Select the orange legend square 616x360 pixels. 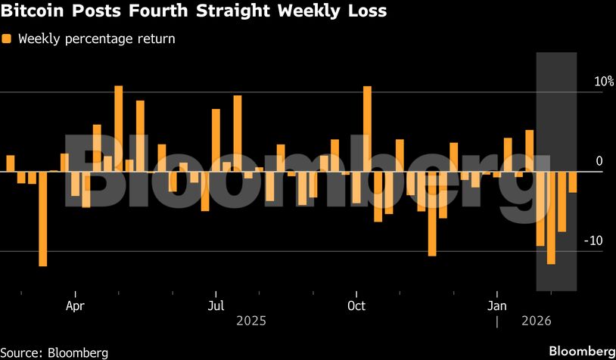tap(7, 39)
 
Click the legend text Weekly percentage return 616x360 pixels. tap(96, 39)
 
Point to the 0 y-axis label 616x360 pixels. tap(599, 160)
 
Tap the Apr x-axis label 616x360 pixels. tap(75, 306)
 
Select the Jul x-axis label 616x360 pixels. tap(216, 306)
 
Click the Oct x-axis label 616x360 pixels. tap(356, 306)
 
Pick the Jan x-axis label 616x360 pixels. tap(496, 306)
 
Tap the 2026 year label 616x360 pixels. tap(537, 321)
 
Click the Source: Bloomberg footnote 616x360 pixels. tap(54, 352)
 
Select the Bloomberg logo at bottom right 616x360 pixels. tap(581, 352)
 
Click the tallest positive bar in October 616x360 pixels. tap(367, 129)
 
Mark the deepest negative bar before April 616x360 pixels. tap(42, 219)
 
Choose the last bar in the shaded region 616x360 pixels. tap(573, 182)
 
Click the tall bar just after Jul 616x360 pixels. tap(238, 133)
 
